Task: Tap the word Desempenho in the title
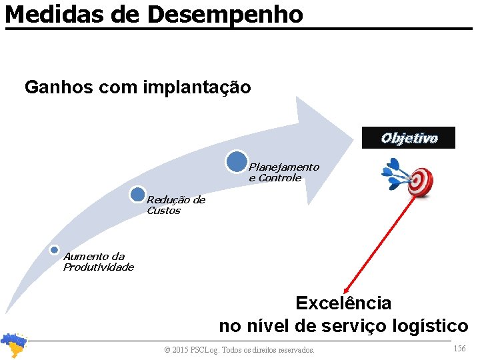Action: point(225,14)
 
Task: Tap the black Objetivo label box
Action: point(409,138)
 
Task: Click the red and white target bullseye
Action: point(420,179)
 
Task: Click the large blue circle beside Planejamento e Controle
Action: point(236,162)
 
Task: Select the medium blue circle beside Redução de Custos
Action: point(138,195)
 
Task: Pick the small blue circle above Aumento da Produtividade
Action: point(55,250)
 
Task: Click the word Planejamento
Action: point(284,167)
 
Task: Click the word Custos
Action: point(163,211)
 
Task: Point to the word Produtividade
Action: point(99,267)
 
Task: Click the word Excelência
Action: point(343,303)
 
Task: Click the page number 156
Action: point(459,349)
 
